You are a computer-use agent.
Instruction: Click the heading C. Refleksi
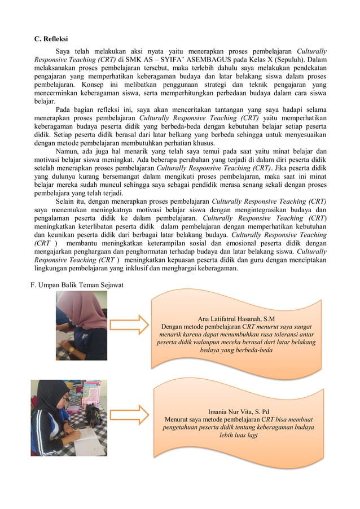coord(51,39)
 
